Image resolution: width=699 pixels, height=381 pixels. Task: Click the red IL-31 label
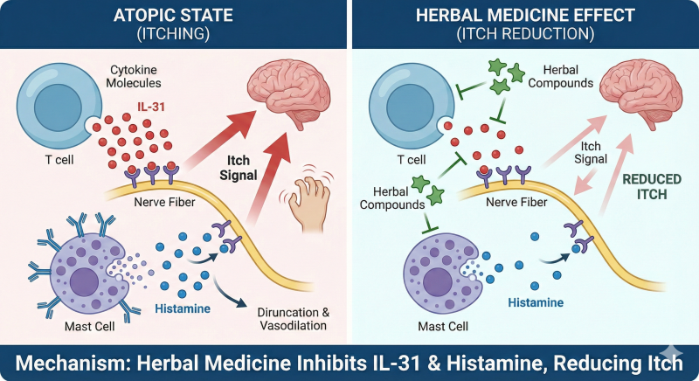[150, 107]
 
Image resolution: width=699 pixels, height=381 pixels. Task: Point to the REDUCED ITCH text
[652, 187]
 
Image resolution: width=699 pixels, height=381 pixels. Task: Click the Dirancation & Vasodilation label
[294, 319]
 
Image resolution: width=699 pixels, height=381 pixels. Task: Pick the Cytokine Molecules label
[134, 76]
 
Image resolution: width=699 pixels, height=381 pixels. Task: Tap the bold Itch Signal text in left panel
[239, 168]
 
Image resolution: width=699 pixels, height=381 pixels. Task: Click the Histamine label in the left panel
[183, 308]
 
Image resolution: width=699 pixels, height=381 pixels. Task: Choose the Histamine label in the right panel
[536, 302]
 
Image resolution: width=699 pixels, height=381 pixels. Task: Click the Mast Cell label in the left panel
[90, 326]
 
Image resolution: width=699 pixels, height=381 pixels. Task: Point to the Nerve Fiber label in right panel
[516, 203]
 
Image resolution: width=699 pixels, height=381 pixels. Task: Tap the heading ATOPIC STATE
[173, 16]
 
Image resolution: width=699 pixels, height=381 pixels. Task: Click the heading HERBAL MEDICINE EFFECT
[525, 16]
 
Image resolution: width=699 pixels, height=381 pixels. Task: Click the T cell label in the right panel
[412, 160]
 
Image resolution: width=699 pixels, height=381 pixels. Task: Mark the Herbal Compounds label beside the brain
[561, 76]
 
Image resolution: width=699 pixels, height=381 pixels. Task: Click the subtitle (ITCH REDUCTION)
[525, 34]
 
